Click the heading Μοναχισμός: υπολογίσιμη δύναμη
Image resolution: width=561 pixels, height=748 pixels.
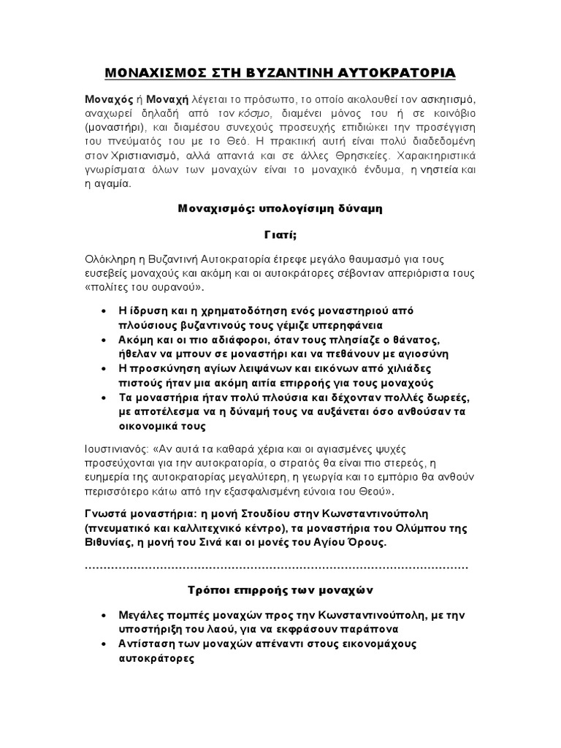(281, 208)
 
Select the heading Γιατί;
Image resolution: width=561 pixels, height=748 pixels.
(280, 234)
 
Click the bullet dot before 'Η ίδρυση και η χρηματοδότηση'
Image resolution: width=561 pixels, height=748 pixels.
(108, 311)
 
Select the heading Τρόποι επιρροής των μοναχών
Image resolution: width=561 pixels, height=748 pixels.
(280, 589)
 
